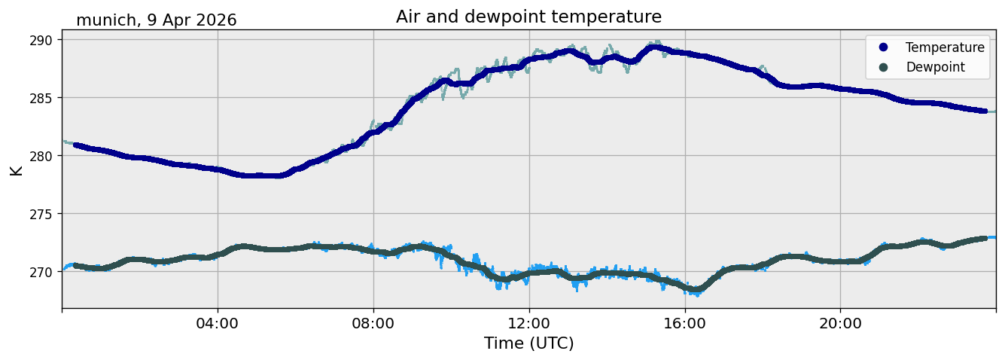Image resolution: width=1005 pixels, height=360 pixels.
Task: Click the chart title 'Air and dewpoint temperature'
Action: [528, 17]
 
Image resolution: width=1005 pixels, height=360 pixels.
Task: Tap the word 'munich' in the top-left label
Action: [106, 20]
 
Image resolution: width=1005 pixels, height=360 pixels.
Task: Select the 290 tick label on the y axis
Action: [41, 41]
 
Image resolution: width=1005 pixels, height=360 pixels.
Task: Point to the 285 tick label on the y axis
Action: [41, 98]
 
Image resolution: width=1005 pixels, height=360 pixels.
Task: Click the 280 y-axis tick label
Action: [41, 156]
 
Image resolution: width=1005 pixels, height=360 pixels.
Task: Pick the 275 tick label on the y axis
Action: [41, 214]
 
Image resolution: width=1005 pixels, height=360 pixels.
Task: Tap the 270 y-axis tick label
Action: [41, 272]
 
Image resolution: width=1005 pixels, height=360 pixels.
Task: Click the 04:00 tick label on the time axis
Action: [218, 323]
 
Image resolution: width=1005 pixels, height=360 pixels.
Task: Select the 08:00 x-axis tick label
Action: [373, 323]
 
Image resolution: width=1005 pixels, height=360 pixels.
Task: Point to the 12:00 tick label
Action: [529, 323]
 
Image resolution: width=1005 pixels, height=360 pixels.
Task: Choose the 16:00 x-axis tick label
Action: [684, 323]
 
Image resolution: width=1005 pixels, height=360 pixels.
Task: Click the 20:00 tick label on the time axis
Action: [840, 323]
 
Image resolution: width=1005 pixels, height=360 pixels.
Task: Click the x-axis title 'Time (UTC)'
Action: [529, 343]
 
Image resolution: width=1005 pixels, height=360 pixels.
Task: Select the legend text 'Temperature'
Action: [945, 47]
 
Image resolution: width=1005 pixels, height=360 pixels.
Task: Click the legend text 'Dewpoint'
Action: [936, 67]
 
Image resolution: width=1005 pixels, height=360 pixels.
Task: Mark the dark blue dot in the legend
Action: [883, 47]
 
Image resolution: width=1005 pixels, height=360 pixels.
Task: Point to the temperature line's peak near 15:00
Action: [654, 47]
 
